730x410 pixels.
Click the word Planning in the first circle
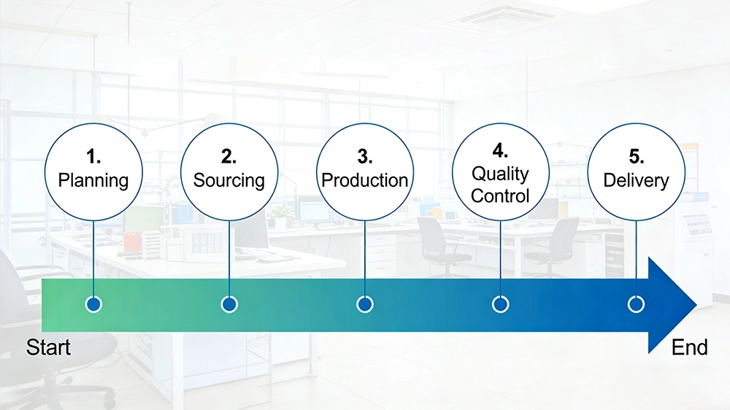click(93, 180)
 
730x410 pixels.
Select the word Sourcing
click(229, 180)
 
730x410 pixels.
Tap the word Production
click(365, 180)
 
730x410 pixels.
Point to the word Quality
click(500, 174)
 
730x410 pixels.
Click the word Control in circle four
click(500, 196)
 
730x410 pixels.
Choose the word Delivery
click(636, 180)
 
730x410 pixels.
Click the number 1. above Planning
click(93, 157)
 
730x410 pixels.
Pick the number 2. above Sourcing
click(229, 157)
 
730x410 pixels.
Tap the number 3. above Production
click(365, 157)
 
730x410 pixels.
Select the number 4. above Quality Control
click(500, 151)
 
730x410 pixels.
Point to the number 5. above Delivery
click(636, 157)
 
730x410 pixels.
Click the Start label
click(48, 348)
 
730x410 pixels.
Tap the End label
click(689, 348)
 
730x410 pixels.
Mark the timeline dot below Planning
click(93, 304)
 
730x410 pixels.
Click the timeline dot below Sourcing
click(229, 304)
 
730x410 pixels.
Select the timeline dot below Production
click(365, 304)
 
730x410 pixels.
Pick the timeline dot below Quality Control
click(500, 304)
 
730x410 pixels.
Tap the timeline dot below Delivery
click(636, 304)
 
